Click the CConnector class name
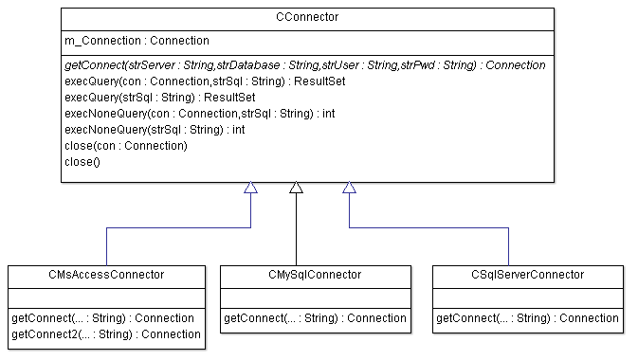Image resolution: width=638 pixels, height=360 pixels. (x=307, y=17)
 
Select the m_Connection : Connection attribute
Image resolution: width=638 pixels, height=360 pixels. (x=137, y=42)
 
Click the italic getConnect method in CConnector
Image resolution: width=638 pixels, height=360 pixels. (x=304, y=65)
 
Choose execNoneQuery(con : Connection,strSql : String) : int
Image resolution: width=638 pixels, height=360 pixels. (x=199, y=114)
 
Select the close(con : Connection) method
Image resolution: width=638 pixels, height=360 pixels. (x=125, y=146)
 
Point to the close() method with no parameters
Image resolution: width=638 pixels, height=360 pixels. (x=82, y=162)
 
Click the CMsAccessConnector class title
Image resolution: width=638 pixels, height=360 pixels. (x=106, y=275)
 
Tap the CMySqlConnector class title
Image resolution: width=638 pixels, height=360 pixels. (x=316, y=275)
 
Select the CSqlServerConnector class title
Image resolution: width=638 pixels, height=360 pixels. (x=528, y=275)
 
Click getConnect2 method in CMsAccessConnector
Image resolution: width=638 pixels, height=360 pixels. (x=106, y=333)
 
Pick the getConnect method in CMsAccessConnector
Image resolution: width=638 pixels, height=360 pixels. (x=102, y=317)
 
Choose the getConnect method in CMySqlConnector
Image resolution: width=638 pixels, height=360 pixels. (x=315, y=317)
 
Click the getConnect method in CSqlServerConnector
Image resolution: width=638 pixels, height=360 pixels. (x=527, y=317)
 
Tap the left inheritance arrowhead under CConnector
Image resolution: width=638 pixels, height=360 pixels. (x=250, y=188)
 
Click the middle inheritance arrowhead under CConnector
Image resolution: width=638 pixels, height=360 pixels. (x=296, y=188)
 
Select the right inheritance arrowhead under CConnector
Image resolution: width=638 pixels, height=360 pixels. (x=349, y=188)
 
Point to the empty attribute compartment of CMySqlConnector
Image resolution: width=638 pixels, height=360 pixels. (x=316, y=297)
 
